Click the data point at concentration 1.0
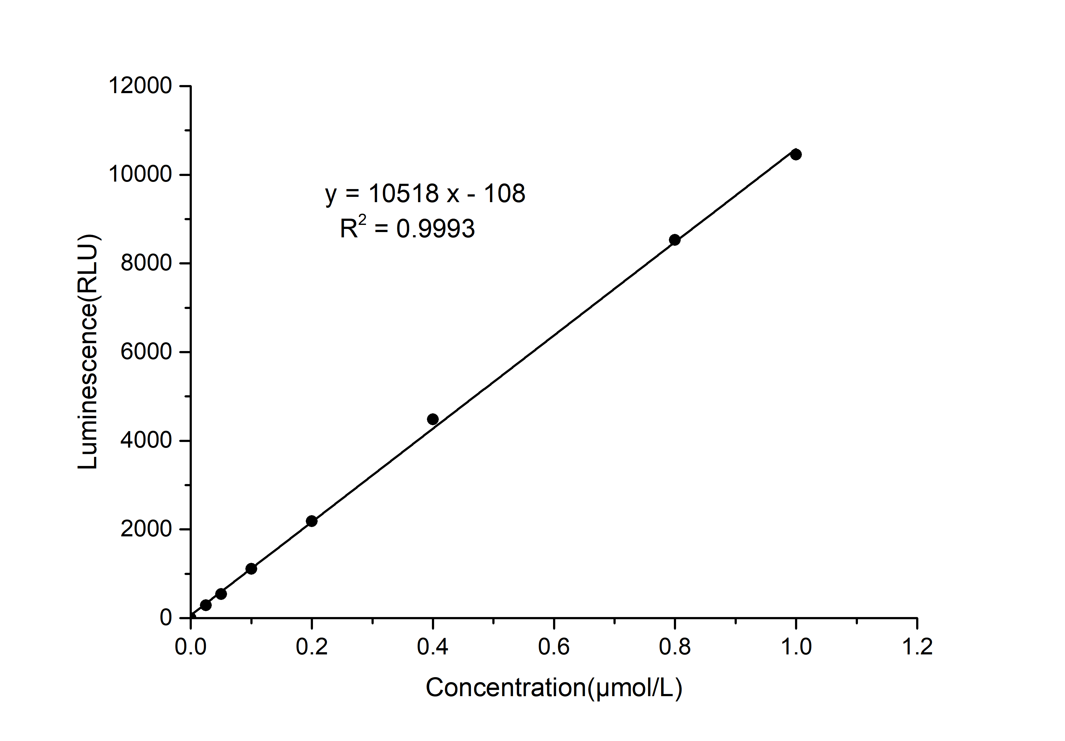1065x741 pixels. pos(796,154)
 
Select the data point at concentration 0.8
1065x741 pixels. pos(674,240)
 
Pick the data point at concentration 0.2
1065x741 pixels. pos(312,521)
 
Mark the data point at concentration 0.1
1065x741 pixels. pos(251,569)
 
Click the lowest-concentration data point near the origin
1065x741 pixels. pos(206,605)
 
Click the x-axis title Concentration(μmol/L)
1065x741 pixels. pos(554,688)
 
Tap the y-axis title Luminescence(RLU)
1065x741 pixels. pos(88,352)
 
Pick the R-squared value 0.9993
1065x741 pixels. pos(436,229)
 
